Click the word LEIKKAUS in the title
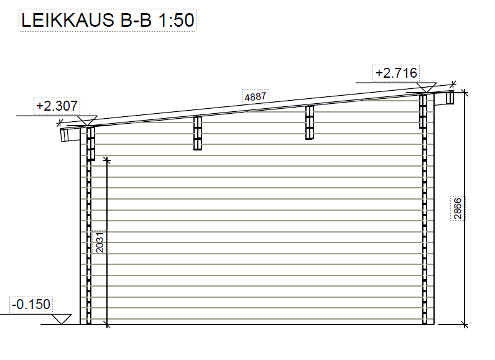pyautogui.click(x=68, y=20)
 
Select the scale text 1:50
pyautogui.click(x=176, y=20)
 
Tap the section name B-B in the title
pyautogui.click(x=136, y=20)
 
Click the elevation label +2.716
pyautogui.click(x=396, y=73)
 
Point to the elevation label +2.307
pyautogui.click(x=57, y=106)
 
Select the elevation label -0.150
pyautogui.click(x=31, y=305)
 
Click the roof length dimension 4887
pyautogui.click(x=256, y=96)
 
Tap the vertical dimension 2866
pyautogui.click(x=458, y=208)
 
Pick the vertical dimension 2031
pyautogui.click(x=99, y=242)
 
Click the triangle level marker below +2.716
pyautogui.click(x=427, y=87)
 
